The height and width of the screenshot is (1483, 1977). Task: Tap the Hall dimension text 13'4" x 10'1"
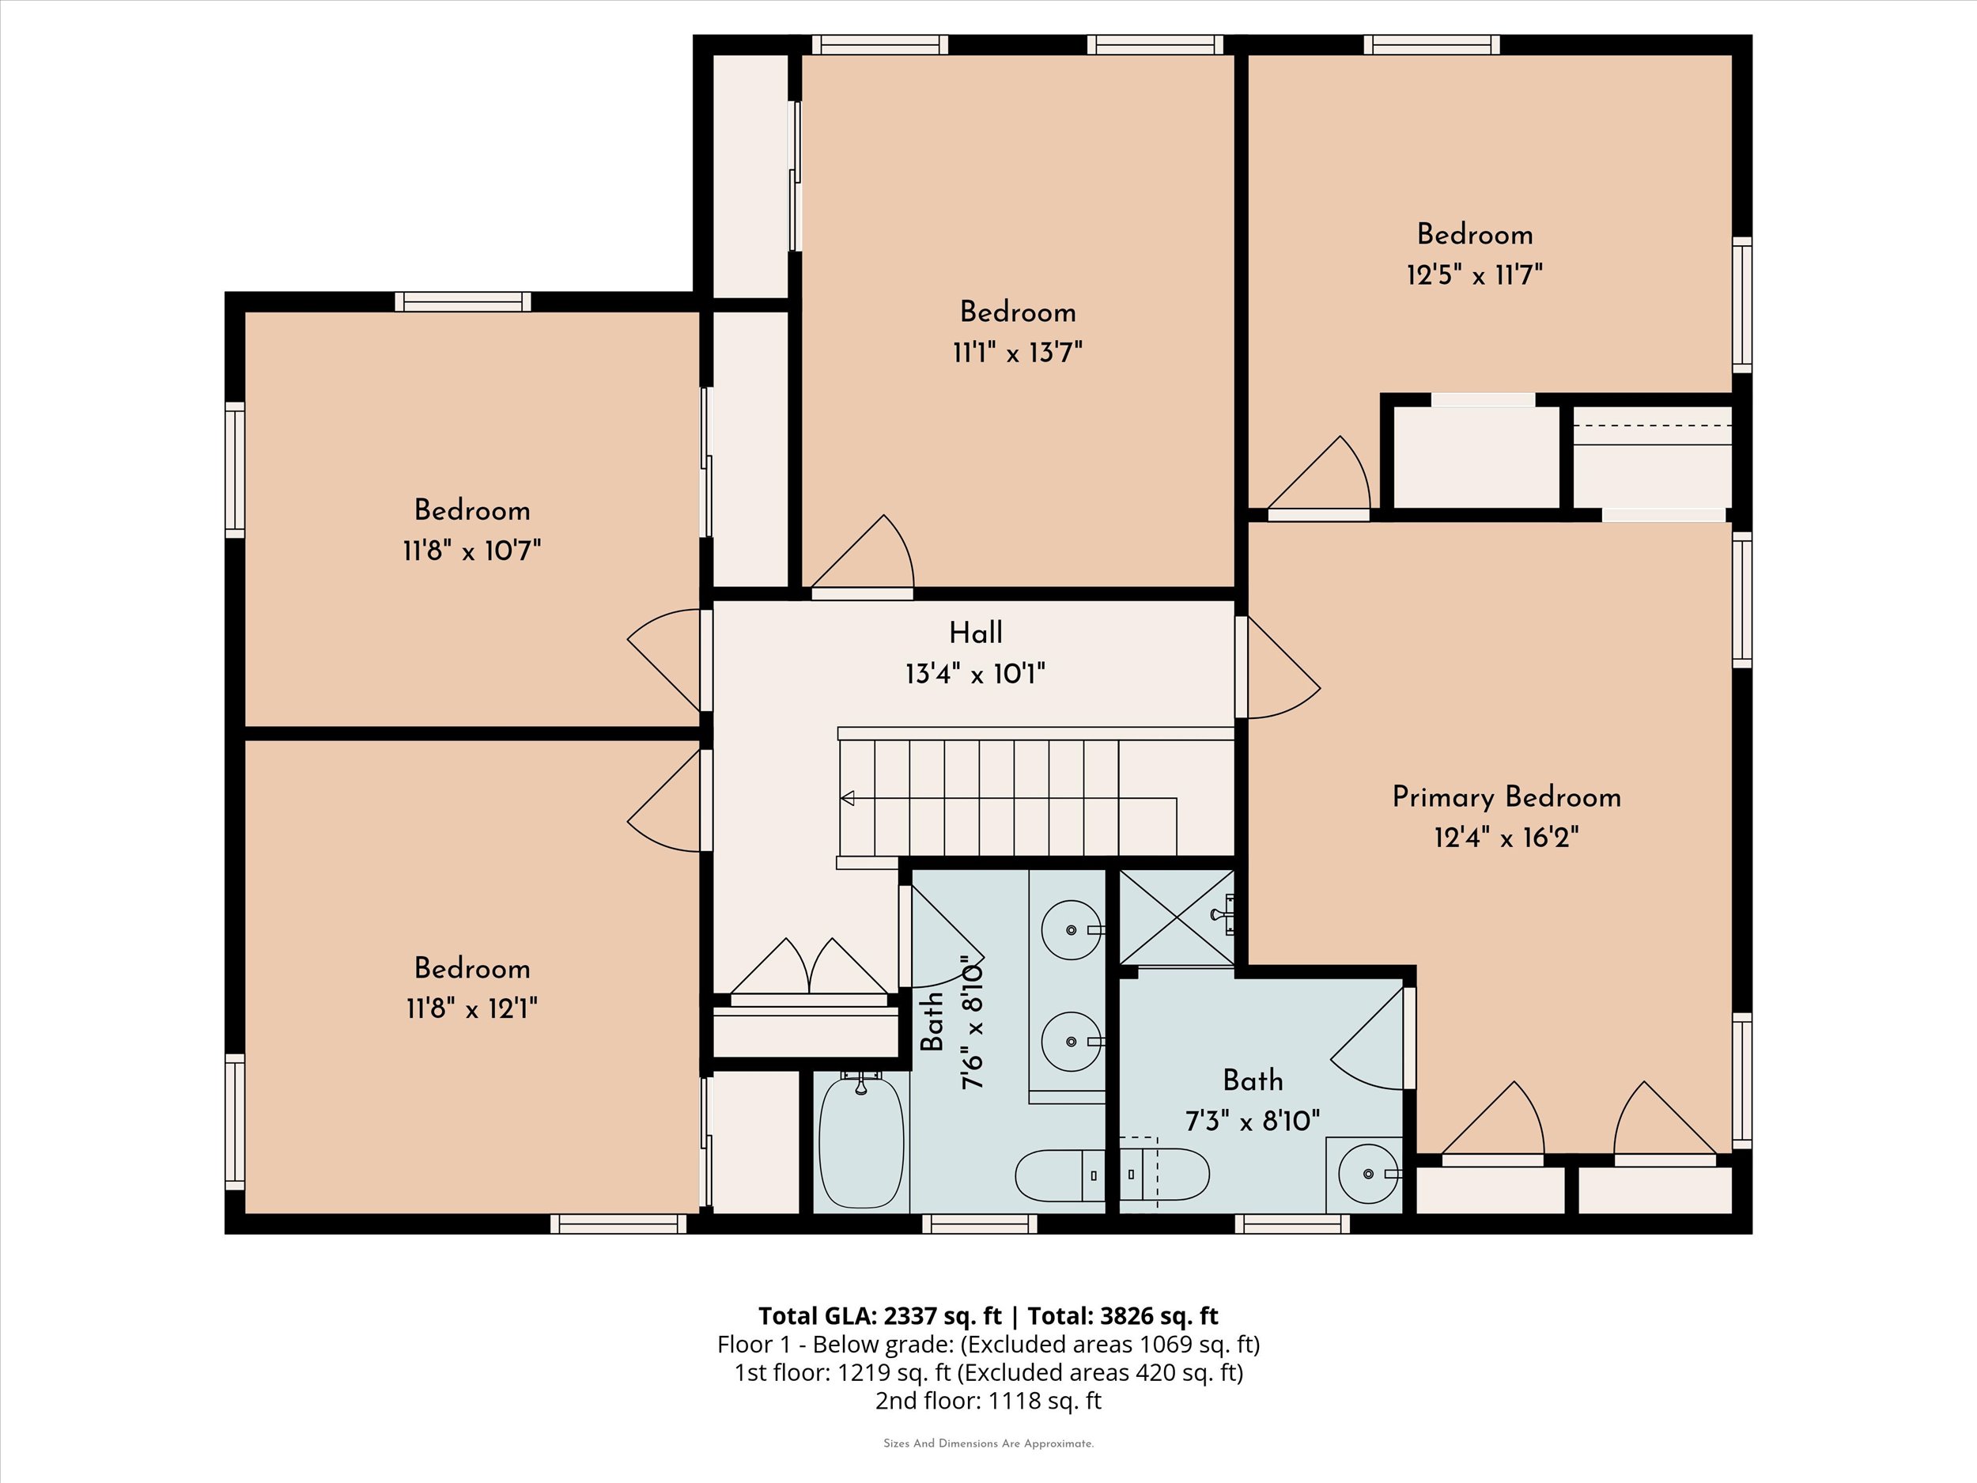[975, 673]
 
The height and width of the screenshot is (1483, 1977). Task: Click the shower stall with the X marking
[1176, 917]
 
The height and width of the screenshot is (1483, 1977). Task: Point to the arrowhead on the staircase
[847, 798]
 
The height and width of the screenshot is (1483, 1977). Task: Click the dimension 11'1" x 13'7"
[1017, 352]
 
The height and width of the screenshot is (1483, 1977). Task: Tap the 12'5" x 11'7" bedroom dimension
[1475, 274]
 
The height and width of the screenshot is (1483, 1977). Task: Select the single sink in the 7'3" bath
[1367, 1174]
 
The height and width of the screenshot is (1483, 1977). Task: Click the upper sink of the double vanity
[1071, 929]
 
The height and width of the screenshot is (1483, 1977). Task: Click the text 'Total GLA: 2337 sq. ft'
[879, 1316]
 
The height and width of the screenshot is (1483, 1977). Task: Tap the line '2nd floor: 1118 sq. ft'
[988, 1400]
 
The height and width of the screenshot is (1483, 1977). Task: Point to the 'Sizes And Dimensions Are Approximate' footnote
[988, 1443]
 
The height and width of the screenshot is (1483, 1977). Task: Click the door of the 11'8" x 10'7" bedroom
[666, 660]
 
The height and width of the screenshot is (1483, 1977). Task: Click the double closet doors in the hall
[809, 970]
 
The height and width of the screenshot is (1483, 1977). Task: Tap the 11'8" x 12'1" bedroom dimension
[472, 1009]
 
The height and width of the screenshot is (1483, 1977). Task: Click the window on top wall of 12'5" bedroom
[1432, 45]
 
